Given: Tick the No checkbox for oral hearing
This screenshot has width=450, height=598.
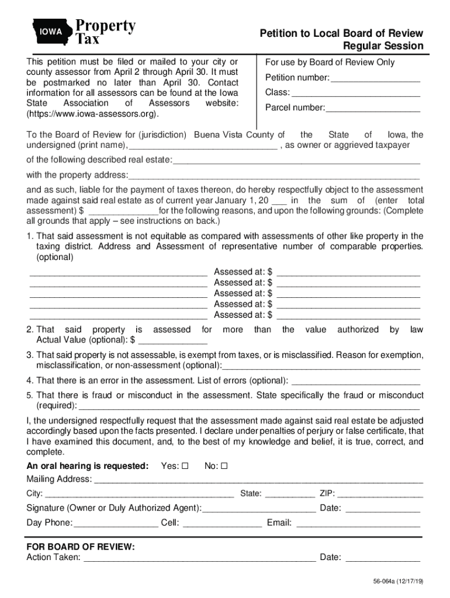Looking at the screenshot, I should [x=224, y=467].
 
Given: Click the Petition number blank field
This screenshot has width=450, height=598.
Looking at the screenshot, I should [x=375, y=79].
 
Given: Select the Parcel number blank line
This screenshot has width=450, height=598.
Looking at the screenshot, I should [x=373, y=108].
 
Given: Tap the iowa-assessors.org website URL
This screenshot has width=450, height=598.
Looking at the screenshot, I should [x=92, y=113].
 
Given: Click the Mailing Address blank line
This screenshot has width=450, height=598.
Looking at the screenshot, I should [x=258, y=480].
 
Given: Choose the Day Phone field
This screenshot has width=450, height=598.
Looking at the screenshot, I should [x=116, y=523].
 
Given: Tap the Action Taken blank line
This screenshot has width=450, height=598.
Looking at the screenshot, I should [x=199, y=558].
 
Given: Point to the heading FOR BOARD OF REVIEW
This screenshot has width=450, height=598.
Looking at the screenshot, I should [x=81, y=547].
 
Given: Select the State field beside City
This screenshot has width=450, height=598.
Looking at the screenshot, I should [x=289, y=494].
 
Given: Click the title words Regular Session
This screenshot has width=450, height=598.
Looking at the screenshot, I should [x=383, y=46].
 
